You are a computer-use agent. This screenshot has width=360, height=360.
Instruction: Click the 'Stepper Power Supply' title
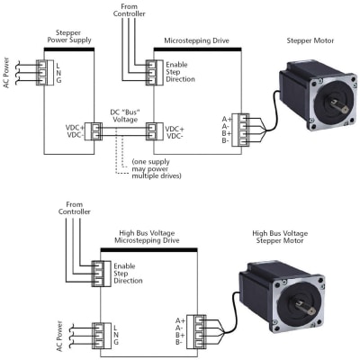(x=69, y=36)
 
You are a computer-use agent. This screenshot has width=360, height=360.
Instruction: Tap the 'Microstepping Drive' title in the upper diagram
(x=196, y=40)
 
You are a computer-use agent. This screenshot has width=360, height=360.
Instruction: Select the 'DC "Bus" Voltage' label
(x=125, y=116)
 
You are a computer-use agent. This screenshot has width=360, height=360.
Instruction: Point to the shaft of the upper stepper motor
(x=339, y=105)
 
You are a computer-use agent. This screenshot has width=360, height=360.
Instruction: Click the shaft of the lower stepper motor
(x=305, y=307)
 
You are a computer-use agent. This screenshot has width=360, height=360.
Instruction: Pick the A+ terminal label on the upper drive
(x=227, y=119)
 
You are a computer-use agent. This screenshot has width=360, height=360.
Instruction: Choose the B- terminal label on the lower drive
(x=179, y=342)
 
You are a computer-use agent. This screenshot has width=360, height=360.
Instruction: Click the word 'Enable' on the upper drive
(x=176, y=65)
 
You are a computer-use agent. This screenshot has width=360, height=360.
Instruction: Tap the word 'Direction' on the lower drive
(x=128, y=281)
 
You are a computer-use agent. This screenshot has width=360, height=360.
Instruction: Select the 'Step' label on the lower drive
(x=121, y=274)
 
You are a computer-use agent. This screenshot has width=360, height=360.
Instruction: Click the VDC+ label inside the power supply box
(x=75, y=128)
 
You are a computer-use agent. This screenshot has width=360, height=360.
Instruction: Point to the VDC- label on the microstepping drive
(x=175, y=136)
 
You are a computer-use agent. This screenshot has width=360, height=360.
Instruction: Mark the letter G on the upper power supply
(x=58, y=80)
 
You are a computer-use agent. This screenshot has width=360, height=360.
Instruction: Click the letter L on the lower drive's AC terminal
(x=116, y=328)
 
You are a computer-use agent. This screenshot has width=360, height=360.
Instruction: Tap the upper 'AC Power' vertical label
(x=6, y=73)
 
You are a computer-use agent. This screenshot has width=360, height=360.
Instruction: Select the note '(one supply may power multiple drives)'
(x=157, y=168)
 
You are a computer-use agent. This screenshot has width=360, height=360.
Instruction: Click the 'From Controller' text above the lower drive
(x=74, y=208)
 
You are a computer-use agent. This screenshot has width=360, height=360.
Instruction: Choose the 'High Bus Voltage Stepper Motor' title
(x=280, y=237)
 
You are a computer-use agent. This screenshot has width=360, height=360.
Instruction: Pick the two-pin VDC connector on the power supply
(x=94, y=131)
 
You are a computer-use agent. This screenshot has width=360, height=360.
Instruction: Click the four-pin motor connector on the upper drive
(x=240, y=130)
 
